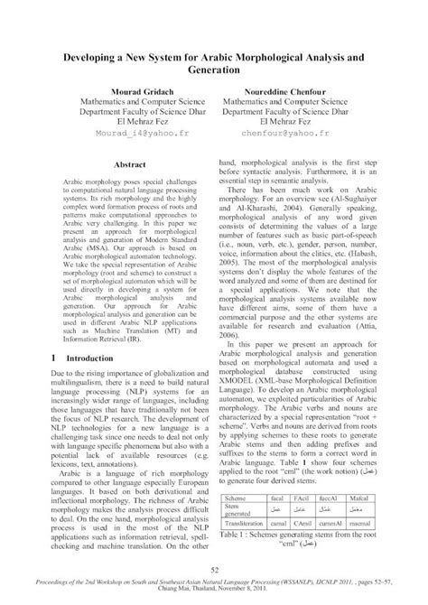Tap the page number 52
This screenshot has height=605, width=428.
(214, 567)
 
